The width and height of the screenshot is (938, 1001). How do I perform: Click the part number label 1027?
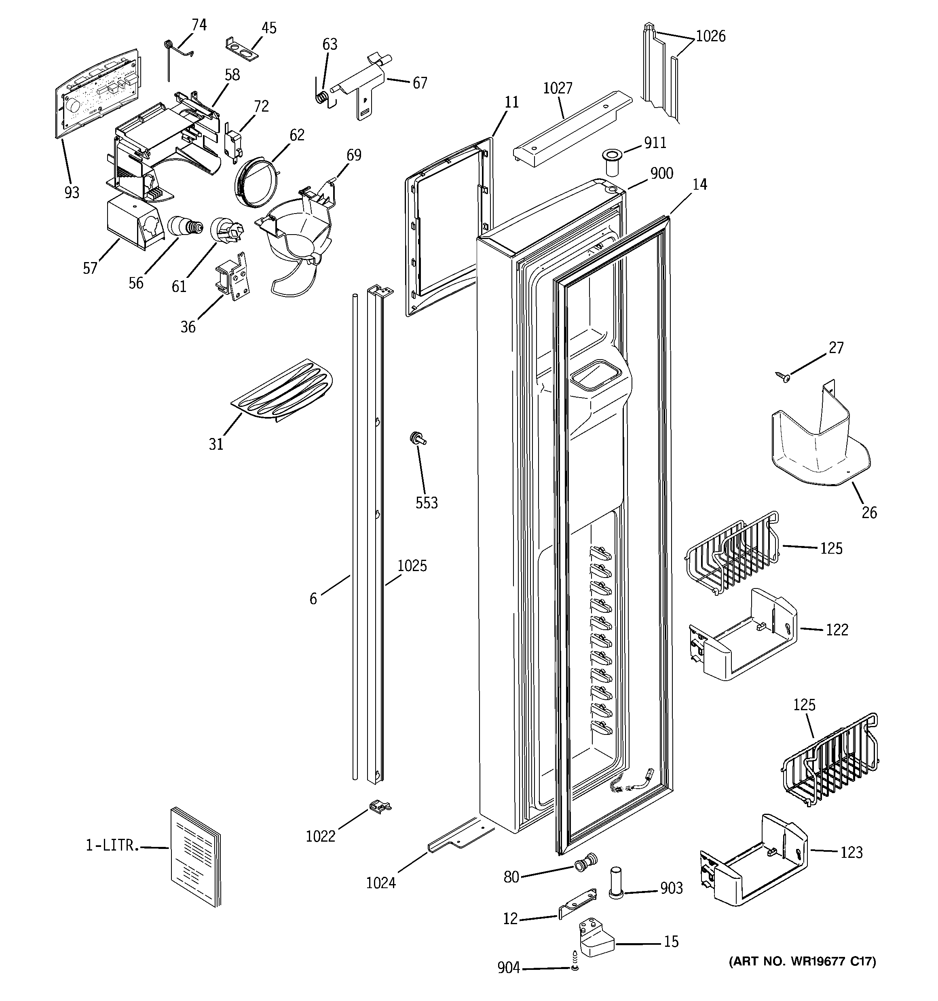(x=558, y=89)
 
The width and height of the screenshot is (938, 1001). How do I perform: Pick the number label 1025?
(x=412, y=566)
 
